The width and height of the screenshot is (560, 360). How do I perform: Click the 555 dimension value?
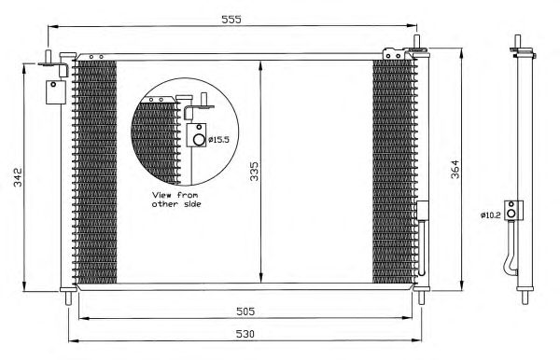coord(231,20)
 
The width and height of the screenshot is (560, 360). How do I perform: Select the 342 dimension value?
coord(18,177)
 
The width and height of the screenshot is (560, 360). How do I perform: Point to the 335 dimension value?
coord(254,172)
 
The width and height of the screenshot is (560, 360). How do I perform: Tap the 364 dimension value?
coord(455,169)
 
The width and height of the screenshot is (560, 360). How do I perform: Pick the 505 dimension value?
coord(245,312)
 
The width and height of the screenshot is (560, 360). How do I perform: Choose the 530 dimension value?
coord(245,334)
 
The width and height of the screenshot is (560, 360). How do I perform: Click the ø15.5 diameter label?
coord(218,140)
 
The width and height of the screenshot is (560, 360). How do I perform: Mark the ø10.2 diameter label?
coord(491,215)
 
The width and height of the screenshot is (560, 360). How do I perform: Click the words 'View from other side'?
coord(176,200)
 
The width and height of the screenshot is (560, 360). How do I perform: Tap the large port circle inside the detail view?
coord(199,140)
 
